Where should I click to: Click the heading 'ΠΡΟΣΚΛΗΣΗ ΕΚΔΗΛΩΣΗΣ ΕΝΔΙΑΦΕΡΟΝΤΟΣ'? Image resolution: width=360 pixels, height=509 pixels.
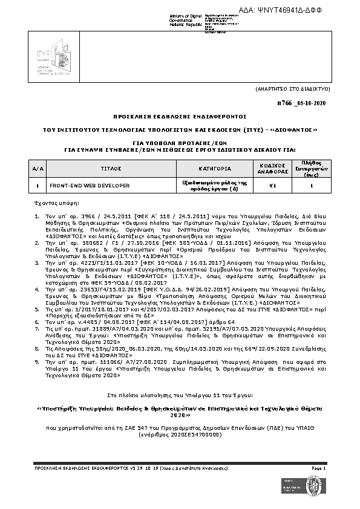click(180, 115)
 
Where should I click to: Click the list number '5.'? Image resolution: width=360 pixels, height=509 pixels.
click(37, 308)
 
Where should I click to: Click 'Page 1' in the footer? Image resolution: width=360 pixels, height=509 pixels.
click(319, 468)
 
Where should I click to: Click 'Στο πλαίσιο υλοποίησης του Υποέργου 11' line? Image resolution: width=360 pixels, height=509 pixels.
click(180, 395)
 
